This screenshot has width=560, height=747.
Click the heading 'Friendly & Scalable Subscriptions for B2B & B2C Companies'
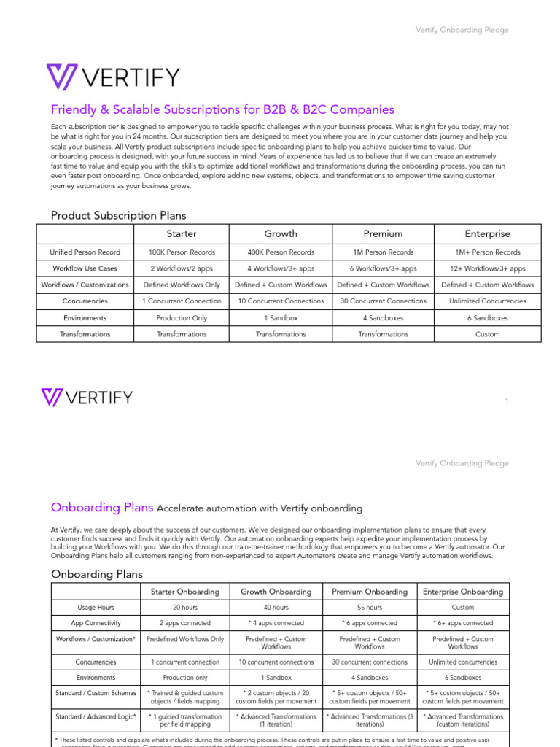point(222,109)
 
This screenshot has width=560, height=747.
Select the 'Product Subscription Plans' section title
point(118,215)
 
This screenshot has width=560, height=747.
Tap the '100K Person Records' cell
point(182,252)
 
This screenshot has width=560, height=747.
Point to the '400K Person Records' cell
point(281,252)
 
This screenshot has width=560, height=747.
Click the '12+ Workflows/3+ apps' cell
point(487,268)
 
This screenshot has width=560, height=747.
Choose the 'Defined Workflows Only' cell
point(182,285)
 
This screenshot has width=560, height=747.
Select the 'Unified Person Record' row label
point(85,252)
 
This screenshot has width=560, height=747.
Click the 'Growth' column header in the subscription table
point(281,234)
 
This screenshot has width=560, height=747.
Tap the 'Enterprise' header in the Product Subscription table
point(487,234)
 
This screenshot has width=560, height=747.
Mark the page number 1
point(506,401)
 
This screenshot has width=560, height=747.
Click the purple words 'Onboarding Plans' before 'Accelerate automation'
point(101,508)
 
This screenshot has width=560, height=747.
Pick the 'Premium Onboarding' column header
point(369,592)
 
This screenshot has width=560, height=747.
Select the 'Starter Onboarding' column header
point(184,592)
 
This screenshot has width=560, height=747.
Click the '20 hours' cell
point(184,608)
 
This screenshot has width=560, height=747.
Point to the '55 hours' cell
point(369,608)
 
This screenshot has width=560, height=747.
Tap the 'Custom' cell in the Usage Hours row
point(462,608)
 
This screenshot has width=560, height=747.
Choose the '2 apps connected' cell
point(184,624)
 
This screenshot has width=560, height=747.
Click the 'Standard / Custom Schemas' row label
point(96,693)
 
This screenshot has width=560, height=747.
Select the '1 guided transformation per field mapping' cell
point(184,721)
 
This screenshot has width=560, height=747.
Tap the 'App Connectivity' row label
point(96,624)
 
